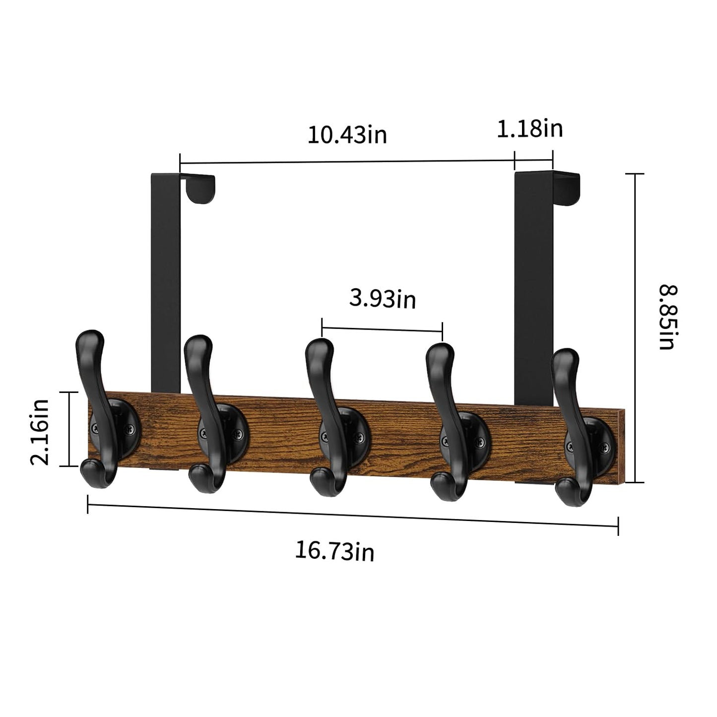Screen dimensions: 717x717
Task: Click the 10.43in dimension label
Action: (347, 135)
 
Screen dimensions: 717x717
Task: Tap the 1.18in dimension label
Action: (529, 129)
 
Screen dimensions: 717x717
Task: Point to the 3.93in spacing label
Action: (382, 299)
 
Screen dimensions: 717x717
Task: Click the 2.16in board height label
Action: (40, 432)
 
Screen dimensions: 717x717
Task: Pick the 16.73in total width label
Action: (334, 551)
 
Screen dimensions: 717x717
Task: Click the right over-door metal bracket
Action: (534, 288)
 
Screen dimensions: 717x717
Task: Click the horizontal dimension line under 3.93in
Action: (382, 328)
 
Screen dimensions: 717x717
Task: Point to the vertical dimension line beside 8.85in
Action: (635, 327)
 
